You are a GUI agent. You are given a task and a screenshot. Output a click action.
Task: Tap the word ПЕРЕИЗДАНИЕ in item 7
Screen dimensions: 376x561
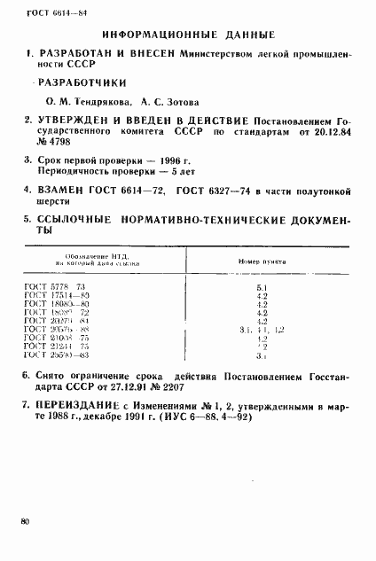[75, 406]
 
